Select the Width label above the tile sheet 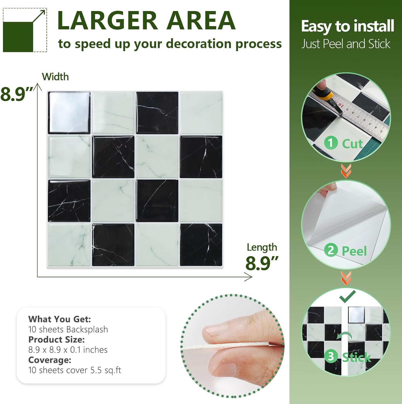(x=55, y=77)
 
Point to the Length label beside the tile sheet (x=262, y=247)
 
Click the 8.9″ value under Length (x=262, y=263)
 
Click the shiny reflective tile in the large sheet (x=69, y=113)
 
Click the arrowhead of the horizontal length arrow (x=249, y=277)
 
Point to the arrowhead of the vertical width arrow (x=38, y=87)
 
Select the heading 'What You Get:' (x=60, y=319)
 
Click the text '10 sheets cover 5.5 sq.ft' (x=75, y=370)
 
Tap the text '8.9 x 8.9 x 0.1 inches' (x=68, y=350)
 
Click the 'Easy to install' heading (x=347, y=26)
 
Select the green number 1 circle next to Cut (x=331, y=143)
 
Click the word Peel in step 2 (x=354, y=251)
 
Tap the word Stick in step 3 (x=356, y=357)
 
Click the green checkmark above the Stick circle (x=347, y=296)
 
